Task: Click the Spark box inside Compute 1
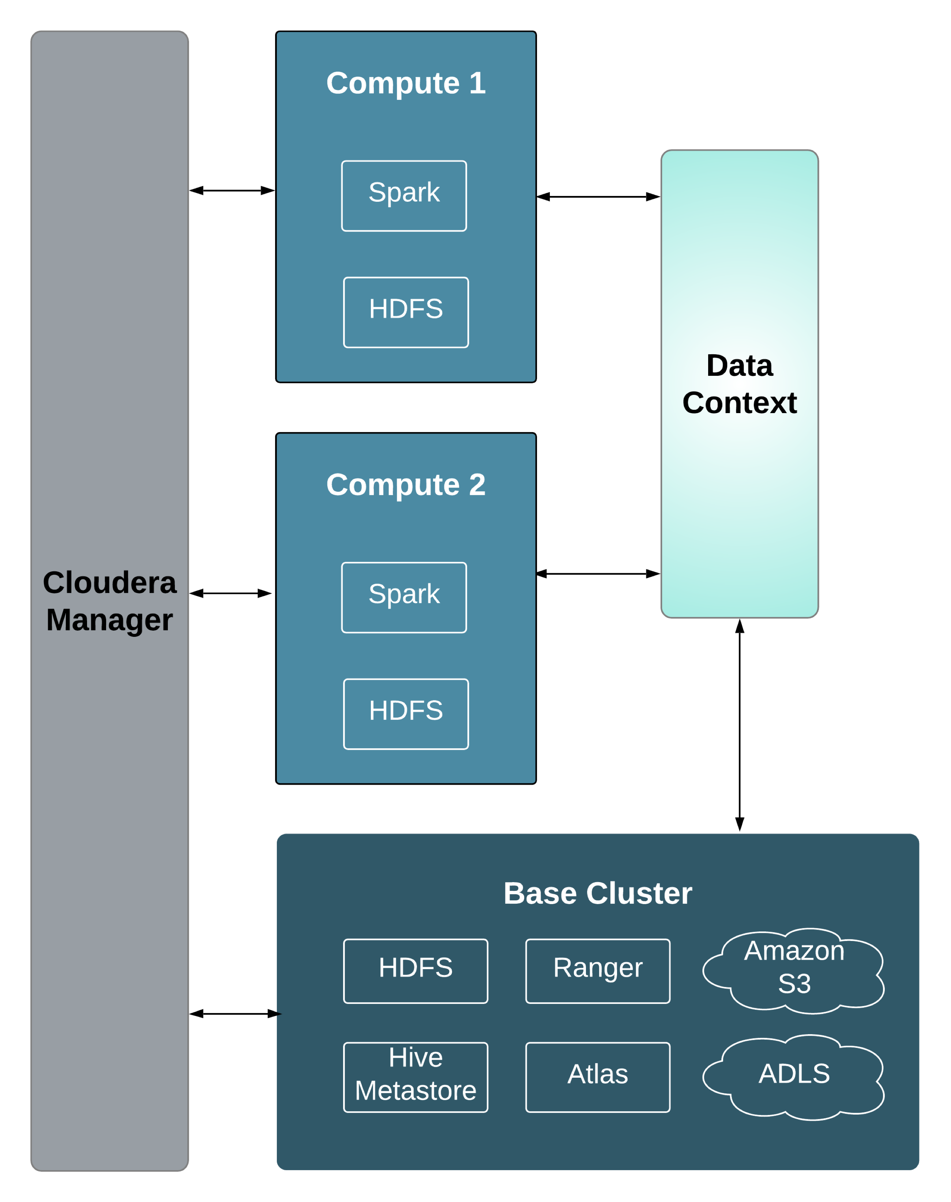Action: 404,196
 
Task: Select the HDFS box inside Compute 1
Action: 406,312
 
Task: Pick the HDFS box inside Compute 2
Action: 406,714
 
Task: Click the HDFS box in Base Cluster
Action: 416,971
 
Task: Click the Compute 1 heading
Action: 406,83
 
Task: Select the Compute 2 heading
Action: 406,485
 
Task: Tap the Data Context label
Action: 740,384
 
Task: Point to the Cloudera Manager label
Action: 110,601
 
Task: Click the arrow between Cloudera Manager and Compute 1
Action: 232,190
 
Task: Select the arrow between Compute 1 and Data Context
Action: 598,196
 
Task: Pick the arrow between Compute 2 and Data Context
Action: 598,574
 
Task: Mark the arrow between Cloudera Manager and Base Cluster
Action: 234,1014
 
